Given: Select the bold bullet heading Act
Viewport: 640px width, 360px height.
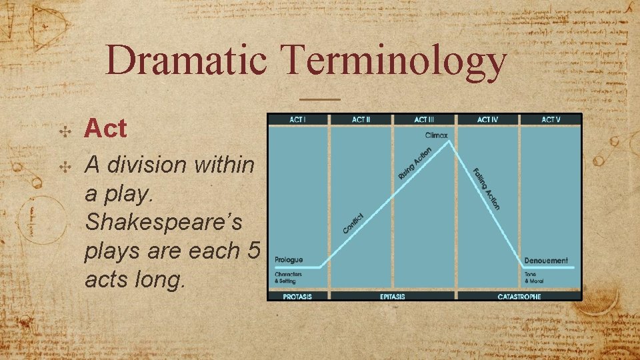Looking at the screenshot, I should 105,129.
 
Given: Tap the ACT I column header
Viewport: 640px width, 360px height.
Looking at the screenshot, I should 298,120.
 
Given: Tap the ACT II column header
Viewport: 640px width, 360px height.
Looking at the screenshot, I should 361,120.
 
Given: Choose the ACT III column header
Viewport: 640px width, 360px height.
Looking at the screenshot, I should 424,120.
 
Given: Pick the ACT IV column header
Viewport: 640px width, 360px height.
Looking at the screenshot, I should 487,120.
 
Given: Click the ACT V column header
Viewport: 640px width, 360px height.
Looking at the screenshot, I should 551,120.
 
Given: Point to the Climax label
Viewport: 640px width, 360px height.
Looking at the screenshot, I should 437,135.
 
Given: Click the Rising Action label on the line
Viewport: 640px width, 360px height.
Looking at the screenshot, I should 415,163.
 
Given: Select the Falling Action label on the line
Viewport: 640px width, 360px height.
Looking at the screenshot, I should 487,189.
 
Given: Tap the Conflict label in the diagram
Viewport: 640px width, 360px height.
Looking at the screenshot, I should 353,223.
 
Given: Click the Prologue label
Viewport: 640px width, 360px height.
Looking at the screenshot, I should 289,260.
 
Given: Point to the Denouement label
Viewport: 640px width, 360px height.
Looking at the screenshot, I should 546,261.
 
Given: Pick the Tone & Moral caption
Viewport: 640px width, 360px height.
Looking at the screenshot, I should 534,278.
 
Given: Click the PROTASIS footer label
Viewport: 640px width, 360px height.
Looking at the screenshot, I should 298,296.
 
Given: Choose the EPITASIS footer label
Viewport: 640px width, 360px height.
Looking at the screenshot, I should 392,296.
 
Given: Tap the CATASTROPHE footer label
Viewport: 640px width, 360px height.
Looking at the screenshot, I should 519,296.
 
